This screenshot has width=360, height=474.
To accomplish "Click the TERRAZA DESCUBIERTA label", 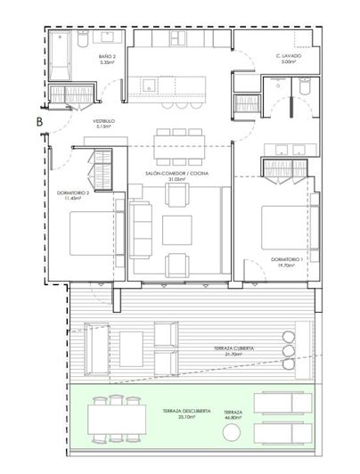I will [186, 411].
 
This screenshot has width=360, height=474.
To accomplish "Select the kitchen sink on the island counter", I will [148, 86].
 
